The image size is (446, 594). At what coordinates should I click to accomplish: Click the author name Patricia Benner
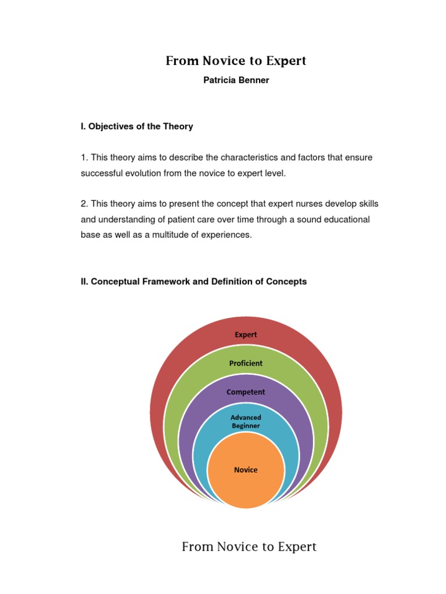(236, 80)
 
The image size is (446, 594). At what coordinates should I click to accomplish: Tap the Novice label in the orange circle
(246, 470)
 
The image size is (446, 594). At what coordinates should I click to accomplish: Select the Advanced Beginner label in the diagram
(246, 422)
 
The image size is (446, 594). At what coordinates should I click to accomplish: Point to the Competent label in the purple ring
(246, 392)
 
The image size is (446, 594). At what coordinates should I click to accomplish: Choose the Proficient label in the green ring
(246, 363)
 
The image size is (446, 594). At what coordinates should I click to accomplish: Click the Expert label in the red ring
(246, 335)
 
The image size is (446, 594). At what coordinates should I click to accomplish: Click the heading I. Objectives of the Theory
(137, 126)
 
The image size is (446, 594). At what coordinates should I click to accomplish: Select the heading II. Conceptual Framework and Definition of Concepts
(194, 282)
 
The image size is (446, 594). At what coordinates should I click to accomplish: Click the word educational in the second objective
(345, 220)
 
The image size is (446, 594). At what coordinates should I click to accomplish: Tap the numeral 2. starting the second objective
(84, 204)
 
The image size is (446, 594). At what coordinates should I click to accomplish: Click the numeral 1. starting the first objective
(84, 158)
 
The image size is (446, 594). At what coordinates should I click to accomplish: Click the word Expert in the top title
(283, 60)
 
